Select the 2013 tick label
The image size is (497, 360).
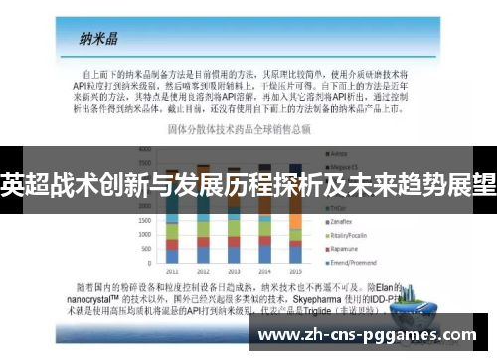[234, 270]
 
